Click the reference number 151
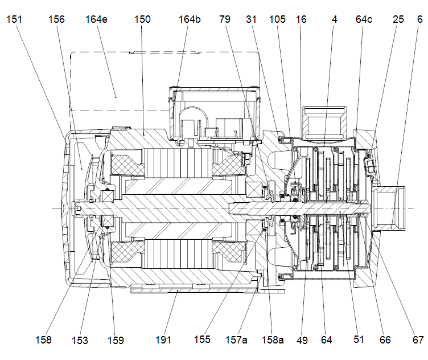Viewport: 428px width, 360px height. click(x=15, y=19)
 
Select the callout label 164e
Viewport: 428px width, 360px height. click(x=99, y=19)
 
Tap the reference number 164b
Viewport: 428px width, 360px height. click(x=190, y=19)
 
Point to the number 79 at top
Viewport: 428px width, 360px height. click(x=225, y=19)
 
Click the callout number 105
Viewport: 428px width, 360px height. click(x=278, y=19)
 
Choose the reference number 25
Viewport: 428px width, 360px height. click(x=398, y=19)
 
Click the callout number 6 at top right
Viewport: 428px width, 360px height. click(x=419, y=19)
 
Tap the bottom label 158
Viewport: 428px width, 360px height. click(x=43, y=340)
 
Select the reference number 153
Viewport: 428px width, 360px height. click(x=80, y=340)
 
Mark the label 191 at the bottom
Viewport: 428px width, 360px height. click(x=163, y=340)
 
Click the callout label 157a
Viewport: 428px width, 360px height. click(x=237, y=340)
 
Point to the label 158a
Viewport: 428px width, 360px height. click(x=271, y=340)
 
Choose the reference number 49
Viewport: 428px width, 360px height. click(x=302, y=340)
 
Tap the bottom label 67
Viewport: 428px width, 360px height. click(x=418, y=340)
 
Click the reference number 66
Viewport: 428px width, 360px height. click(x=385, y=340)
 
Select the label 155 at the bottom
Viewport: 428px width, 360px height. click(x=203, y=340)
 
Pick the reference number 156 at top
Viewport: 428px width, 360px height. click(x=56, y=19)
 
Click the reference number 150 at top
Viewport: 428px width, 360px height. click(x=142, y=19)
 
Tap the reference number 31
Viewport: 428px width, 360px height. click(x=252, y=19)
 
